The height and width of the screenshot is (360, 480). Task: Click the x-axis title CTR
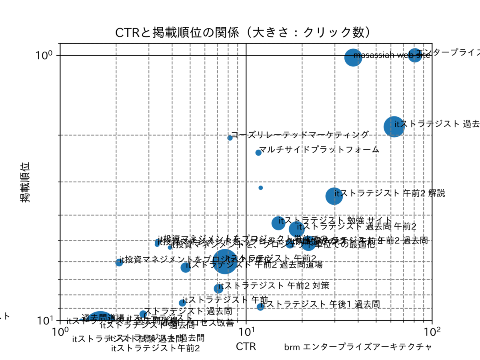(x=246, y=346)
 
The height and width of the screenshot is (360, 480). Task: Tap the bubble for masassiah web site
(x=352, y=57)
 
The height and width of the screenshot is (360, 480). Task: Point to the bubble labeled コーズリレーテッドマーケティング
(x=230, y=138)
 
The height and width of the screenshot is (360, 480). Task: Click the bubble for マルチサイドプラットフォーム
(x=258, y=152)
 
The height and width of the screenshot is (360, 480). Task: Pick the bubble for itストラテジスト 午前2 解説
(x=334, y=196)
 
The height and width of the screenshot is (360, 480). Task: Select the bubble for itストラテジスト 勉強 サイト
(x=278, y=223)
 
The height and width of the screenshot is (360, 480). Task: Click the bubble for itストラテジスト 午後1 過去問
(x=260, y=307)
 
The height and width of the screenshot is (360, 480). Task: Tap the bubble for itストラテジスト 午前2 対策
(x=218, y=288)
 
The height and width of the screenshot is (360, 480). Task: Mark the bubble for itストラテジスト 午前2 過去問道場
(x=185, y=267)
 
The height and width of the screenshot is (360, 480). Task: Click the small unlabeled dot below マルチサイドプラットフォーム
(x=261, y=188)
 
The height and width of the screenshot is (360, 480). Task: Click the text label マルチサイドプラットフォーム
(x=319, y=150)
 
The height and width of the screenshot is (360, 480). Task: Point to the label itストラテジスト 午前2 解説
(x=390, y=193)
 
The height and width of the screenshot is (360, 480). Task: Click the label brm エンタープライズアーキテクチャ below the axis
(x=358, y=347)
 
